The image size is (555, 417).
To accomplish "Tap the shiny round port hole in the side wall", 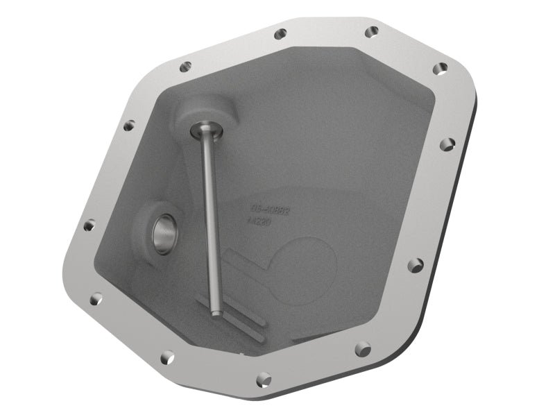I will (166, 235).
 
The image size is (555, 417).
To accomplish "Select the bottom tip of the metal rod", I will (216, 314).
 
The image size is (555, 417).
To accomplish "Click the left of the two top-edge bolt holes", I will (280, 33).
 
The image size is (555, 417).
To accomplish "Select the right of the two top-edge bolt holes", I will (372, 31).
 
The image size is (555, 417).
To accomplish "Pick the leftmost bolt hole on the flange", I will (89, 225).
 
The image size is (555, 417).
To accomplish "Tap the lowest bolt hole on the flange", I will (263, 378).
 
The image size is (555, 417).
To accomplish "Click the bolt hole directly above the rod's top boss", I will (185, 67).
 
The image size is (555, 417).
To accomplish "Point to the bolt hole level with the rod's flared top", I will (128, 126).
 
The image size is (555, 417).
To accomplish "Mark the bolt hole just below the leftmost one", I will (96, 299).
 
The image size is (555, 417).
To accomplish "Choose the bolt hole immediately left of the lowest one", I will (166, 357).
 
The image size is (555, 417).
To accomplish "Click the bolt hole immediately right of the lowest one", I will (362, 349).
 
